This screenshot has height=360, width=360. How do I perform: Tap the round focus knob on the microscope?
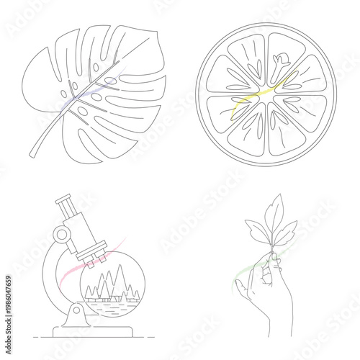(x=63, y=234)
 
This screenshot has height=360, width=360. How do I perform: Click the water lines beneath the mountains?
(x=108, y=306)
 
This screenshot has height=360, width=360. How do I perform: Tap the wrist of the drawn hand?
(x=277, y=328)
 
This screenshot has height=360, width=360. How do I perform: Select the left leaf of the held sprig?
(x=255, y=232)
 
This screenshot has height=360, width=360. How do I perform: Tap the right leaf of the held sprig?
(x=287, y=232)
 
